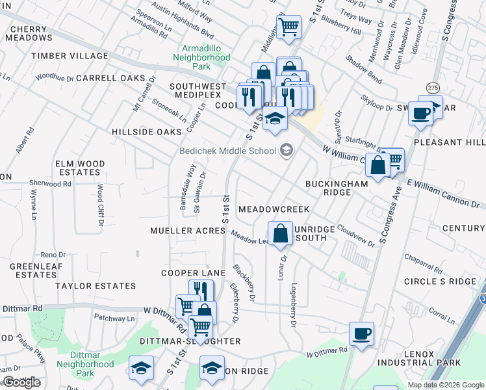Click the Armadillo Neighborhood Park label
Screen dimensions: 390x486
point(201,57)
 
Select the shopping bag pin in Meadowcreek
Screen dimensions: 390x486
point(280,234)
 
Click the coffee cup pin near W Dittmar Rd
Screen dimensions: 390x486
point(362,333)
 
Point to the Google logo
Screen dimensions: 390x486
point(21,382)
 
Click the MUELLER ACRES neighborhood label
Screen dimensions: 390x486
point(187,231)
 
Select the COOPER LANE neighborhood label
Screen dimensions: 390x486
point(193,273)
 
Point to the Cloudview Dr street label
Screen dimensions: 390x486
point(356,238)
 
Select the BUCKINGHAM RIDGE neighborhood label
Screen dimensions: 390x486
point(337,188)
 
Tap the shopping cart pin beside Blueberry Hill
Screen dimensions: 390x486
point(288,27)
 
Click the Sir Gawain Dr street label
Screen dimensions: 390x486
point(203,188)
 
